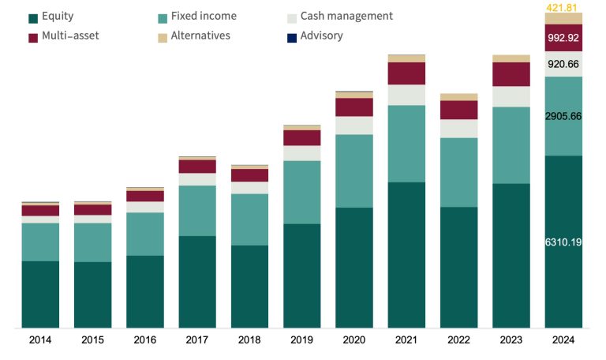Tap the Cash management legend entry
tap(346, 17)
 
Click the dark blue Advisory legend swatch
tap(293, 37)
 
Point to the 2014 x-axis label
tap(40, 340)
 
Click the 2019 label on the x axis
tap(302, 340)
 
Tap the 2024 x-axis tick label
tap(563, 340)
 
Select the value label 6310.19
tap(563, 242)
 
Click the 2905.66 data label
tap(563, 116)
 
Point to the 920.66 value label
tap(563, 65)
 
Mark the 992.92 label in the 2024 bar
tap(563, 37)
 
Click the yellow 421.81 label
tap(563, 7)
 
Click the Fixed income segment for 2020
tap(354, 171)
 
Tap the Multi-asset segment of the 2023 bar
tap(511, 74)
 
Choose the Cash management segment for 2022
tap(459, 129)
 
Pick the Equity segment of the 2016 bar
tap(145, 291)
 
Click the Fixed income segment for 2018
tap(249, 219)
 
